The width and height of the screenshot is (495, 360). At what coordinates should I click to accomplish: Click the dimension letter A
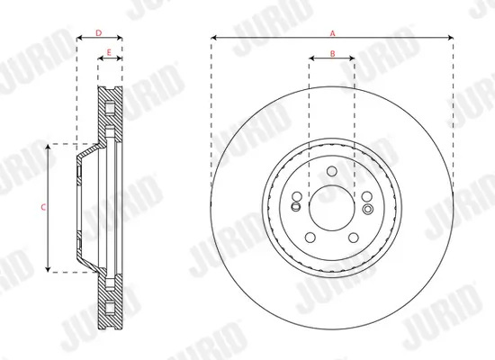tap(332, 32)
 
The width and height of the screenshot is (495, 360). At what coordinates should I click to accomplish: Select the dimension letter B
tap(332, 54)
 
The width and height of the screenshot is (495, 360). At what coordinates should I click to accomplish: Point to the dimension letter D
tap(98, 33)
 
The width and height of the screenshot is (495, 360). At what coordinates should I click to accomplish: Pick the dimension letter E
tap(110, 53)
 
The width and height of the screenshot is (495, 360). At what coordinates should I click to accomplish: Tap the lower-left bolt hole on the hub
tap(310, 238)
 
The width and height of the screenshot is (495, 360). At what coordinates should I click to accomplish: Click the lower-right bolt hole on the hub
tap(354, 238)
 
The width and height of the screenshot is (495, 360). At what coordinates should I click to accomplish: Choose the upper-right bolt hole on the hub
tap(366, 197)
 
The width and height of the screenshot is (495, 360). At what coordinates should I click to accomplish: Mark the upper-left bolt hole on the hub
tap(298, 197)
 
